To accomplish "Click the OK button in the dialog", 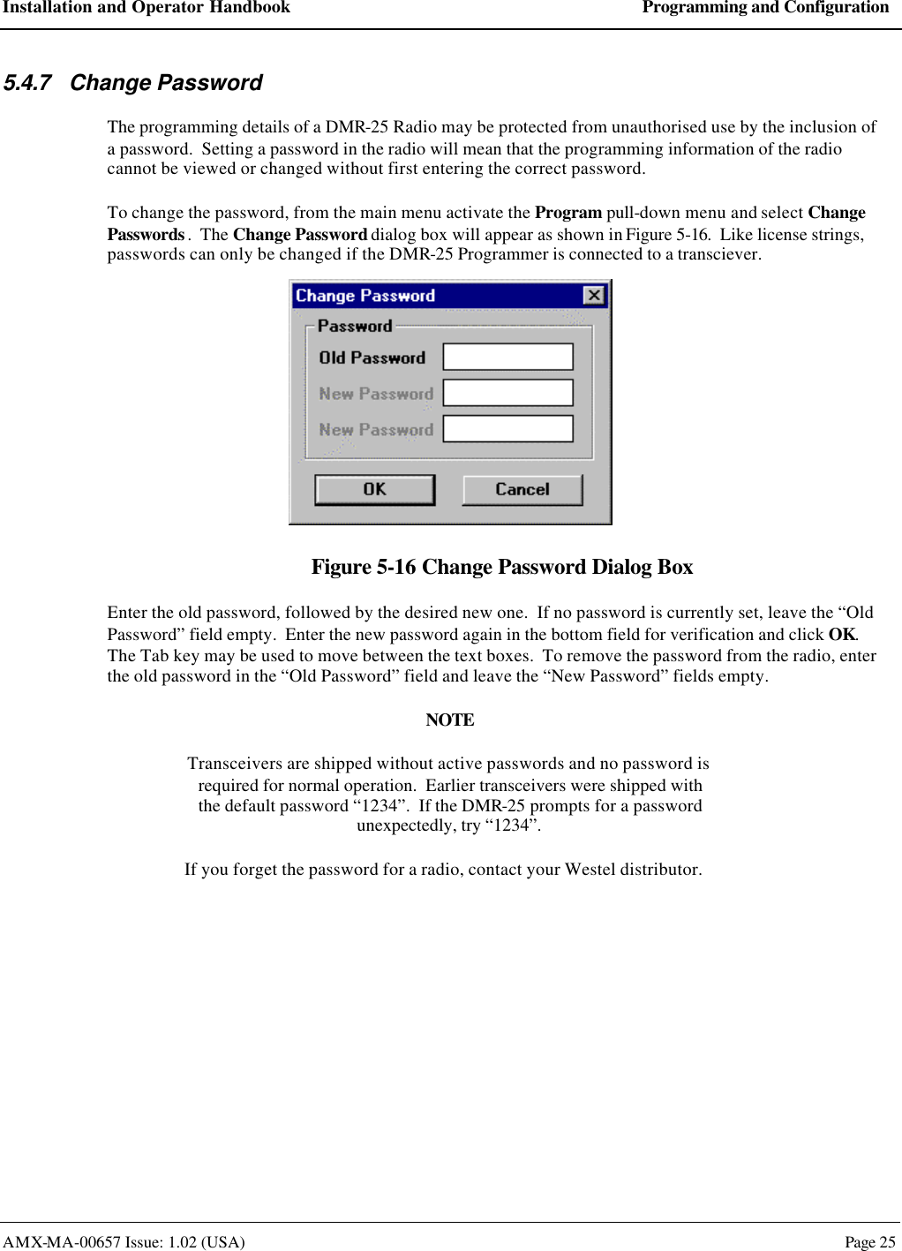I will (374, 490).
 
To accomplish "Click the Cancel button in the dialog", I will (522, 490).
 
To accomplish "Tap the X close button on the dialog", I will (594, 296).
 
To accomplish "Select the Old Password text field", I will (507, 357).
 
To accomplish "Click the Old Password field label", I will (372, 358).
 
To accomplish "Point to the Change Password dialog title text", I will (365, 296).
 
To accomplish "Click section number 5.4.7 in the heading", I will (27, 83).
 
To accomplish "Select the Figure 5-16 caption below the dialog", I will (501, 567).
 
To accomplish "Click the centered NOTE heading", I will (450, 720).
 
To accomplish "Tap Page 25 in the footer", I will (869, 1242).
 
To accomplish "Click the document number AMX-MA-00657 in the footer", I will (62, 1242).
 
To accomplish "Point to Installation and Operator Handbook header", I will (147, 8).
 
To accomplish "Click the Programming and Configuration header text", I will (765, 8).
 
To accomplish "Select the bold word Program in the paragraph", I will (568, 213).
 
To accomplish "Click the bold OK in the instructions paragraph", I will (841, 635).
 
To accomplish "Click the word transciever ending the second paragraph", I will (718, 254).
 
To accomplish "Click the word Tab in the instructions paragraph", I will (154, 656).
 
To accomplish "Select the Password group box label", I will (355, 326).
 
